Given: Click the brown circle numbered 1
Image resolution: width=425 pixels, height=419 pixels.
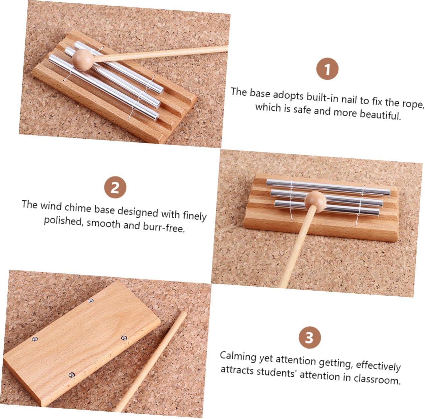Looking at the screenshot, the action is pos(327,69).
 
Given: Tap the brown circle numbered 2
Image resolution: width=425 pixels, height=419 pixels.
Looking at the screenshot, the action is pos(115,187).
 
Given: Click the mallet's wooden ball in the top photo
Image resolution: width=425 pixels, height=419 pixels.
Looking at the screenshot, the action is pos(83,60).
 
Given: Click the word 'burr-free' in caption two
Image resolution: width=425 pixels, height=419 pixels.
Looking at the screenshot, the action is pos(164,227).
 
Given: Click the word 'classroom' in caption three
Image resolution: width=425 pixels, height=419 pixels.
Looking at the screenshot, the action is pos(377,379).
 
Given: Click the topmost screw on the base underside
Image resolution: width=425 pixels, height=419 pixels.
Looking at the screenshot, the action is pos(90,300).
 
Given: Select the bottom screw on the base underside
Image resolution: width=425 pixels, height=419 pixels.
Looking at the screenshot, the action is pos(71,375).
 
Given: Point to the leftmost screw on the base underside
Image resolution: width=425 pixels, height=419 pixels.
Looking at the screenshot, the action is pos(35,339).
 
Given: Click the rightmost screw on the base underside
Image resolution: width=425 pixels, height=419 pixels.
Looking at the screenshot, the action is pos(124,338).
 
